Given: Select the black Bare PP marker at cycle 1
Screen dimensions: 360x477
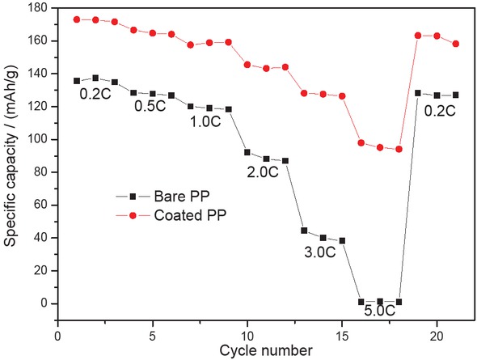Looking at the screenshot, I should [x=77, y=81].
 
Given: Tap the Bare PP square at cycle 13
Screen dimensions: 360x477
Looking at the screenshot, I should [x=304, y=231].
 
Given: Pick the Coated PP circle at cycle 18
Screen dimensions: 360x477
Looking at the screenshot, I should [x=399, y=149].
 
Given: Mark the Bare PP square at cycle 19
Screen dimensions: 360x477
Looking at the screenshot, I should [x=418, y=93].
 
